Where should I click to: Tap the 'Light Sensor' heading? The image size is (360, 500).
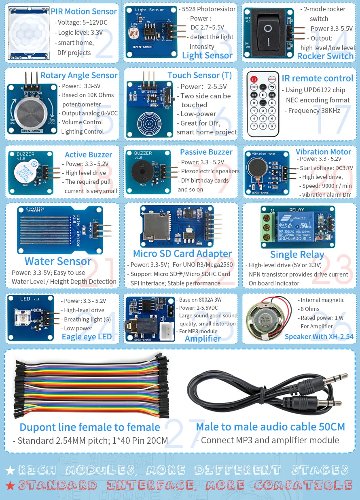207,55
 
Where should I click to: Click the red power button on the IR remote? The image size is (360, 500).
254,79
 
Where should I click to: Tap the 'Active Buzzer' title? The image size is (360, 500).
88,155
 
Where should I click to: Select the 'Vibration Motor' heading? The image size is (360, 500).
323,152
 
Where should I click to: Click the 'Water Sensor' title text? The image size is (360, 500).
58,261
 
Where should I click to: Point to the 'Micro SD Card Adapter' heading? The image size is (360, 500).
182,254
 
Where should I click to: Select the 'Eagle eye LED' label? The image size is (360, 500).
87,337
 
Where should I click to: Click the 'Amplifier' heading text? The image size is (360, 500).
203,339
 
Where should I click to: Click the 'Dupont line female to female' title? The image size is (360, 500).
90,427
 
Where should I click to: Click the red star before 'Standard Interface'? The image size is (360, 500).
11,485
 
